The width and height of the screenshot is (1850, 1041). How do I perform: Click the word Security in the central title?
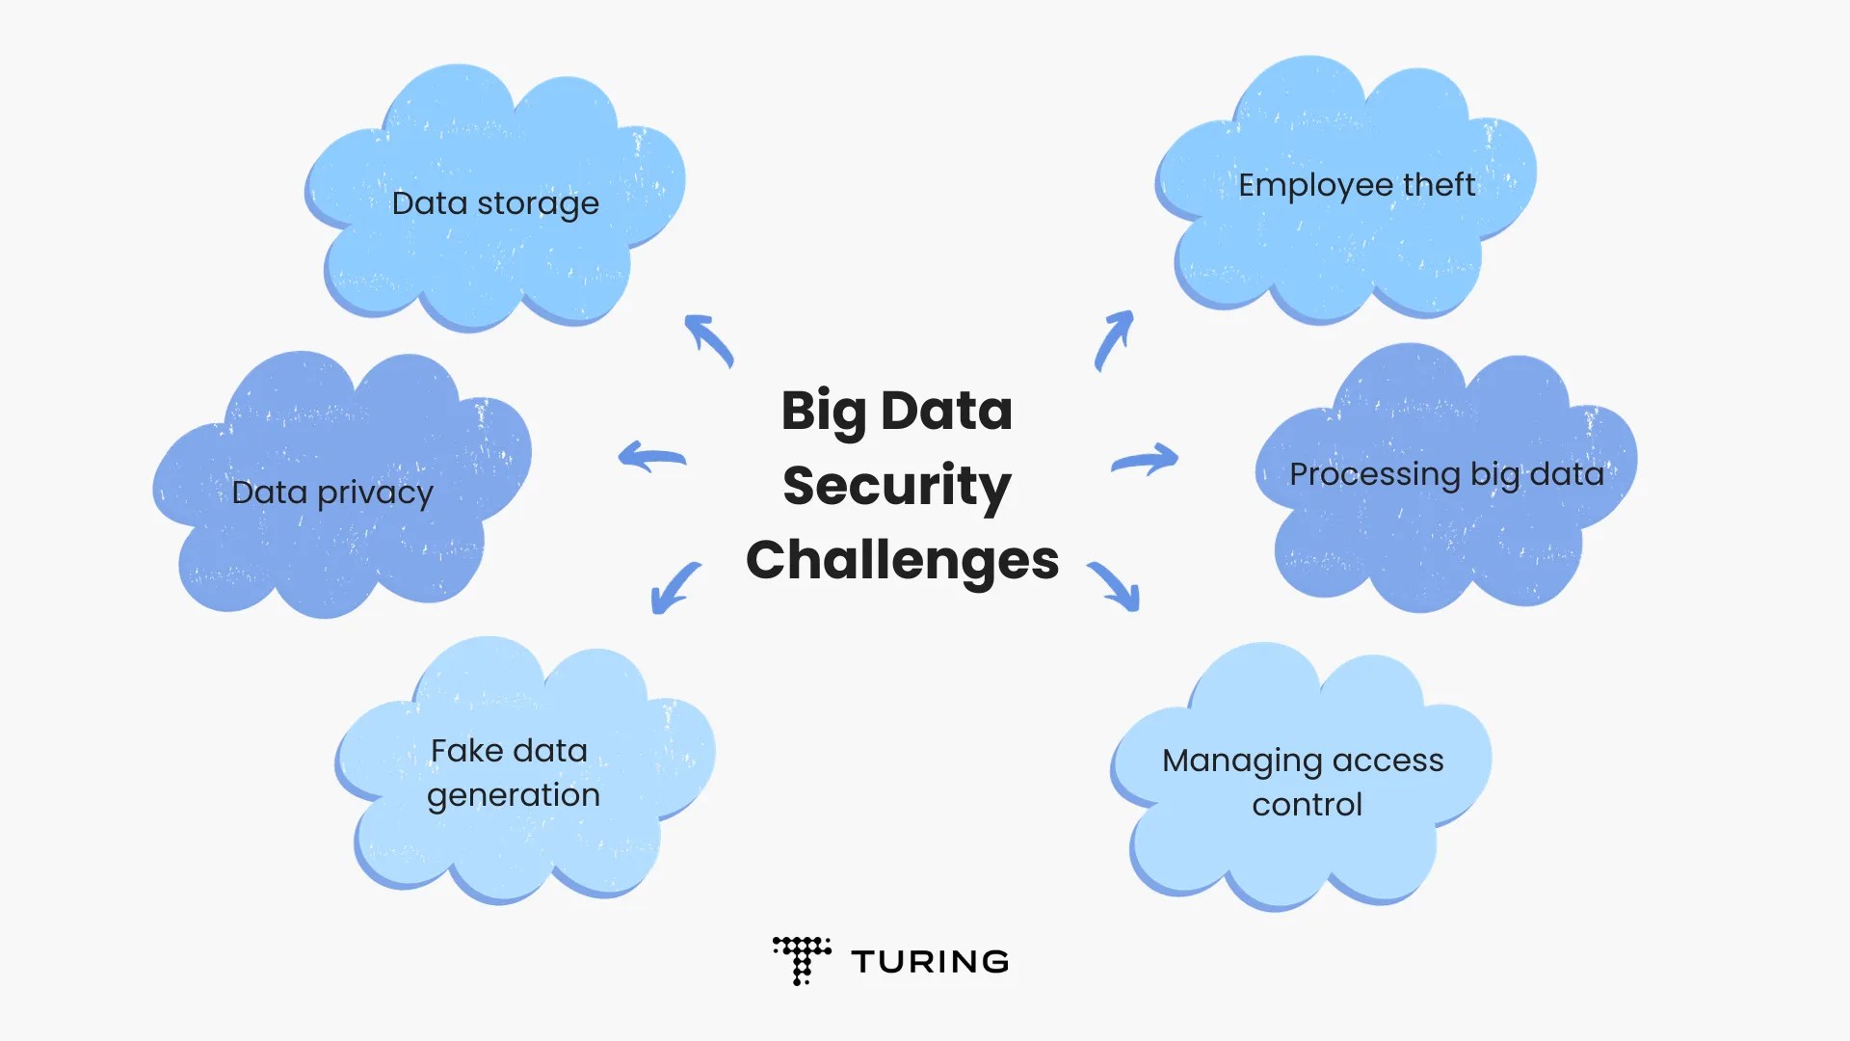click(x=896, y=485)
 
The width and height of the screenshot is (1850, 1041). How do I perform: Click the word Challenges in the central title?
click(x=902, y=560)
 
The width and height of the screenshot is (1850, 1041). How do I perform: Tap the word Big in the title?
click(x=824, y=412)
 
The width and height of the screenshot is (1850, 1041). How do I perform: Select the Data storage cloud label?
click(x=495, y=203)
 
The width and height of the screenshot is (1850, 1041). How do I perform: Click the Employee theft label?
click(x=1356, y=184)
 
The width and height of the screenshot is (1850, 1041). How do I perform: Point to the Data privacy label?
click(x=332, y=493)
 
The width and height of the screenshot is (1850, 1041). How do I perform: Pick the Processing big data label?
click(x=1446, y=474)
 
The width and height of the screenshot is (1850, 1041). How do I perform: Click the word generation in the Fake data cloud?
click(x=513, y=795)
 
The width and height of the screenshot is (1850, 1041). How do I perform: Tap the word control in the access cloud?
click(x=1307, y=805)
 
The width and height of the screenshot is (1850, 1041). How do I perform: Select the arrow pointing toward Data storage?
click(x=708, y=339)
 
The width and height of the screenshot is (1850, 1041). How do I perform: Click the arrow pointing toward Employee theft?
click(x=1114, y=338)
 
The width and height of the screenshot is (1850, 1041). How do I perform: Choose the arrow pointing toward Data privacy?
click(x=651, y=457)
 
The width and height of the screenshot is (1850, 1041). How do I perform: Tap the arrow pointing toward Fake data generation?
click(x=675, y=587)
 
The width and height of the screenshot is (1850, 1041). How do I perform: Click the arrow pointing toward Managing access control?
click(x=1116, y=586)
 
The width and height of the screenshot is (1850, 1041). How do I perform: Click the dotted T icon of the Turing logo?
click(x=801, y=959)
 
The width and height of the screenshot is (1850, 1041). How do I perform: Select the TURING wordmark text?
click(x=930, y=962)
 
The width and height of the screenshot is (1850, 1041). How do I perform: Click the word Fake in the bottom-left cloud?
click(x=466, y=751)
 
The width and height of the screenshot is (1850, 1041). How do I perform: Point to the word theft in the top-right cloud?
click(x=1439, y=184)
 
